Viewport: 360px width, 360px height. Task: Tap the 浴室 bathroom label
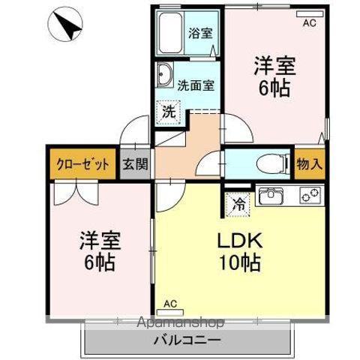pyautogui.click(x=199, y=34)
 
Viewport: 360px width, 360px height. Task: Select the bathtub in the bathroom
pyautogui.click(x=171, y=34)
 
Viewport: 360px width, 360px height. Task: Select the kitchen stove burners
pyautogui.click(x=308, y=196)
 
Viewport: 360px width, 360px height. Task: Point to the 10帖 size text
pyautogui.click(x=240, y=264)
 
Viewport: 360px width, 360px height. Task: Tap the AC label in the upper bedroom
pyautogui.click(x=309, y=23)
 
